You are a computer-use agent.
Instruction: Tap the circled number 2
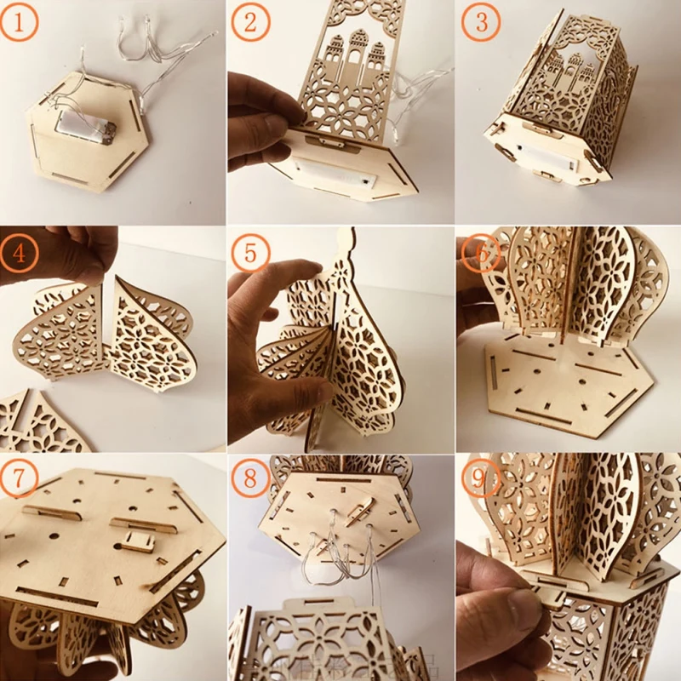click(249, 23)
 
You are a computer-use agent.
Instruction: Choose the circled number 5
click(249, 253)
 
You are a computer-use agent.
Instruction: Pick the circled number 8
click(249, 479)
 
